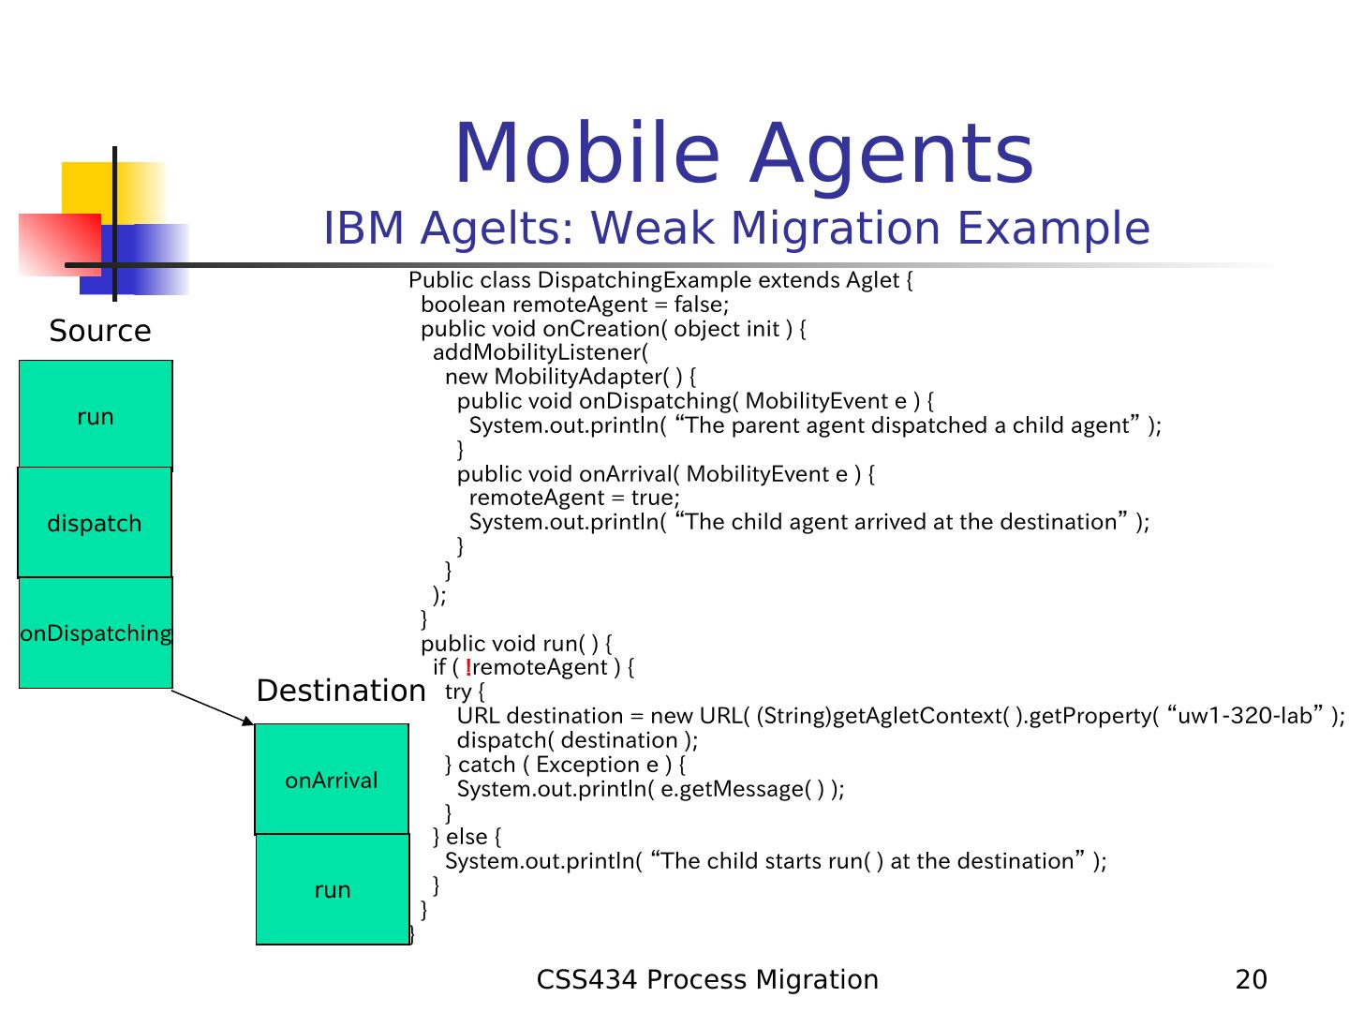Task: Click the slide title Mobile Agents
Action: [743, 155]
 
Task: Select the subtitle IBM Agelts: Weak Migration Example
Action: [736, 229]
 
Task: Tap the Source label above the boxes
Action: [100, 331]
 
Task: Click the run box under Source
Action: [96, 416]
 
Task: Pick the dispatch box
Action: [95, 523]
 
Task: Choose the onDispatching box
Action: [96, 633]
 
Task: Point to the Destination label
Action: [341, 692]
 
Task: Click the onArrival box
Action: [332, 780]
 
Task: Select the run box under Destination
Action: [333, 889]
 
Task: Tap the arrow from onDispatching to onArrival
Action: [214, 707]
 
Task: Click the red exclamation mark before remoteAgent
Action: [467, 667]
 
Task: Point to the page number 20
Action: [1252, 980]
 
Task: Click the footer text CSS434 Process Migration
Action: [707, 980]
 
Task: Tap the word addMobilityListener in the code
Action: [540, 352]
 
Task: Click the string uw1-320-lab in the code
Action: [1245, 716]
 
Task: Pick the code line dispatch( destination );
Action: [577, 740]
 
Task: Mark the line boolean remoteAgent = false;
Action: [574, 305]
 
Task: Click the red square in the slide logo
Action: [58, 244]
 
